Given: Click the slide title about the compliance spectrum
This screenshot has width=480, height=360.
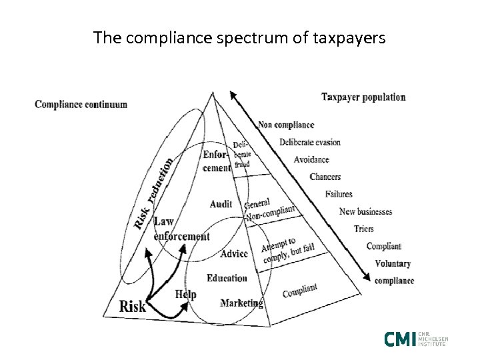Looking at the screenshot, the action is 239,37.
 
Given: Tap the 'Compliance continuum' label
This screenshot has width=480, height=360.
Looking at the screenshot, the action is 81,105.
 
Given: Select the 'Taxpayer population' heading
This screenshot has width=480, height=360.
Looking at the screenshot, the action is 363,97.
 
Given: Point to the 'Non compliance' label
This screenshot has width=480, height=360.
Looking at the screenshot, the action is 286,125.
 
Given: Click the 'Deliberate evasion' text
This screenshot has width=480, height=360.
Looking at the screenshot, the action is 310,142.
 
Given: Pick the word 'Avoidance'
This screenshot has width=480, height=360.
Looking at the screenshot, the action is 311,159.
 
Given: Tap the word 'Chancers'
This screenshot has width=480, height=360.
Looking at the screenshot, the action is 325,177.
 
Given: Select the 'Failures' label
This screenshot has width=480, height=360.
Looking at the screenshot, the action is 339,194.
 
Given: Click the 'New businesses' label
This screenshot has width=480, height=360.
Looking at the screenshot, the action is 366,212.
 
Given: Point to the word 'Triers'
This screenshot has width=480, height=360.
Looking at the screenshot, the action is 365,229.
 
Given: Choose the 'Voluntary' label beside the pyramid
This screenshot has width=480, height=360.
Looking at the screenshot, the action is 393,263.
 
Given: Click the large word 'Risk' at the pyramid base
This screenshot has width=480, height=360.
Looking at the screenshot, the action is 132,306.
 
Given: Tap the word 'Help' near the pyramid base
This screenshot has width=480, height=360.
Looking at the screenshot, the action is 185,294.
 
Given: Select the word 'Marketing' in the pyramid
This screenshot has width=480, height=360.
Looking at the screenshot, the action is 241,303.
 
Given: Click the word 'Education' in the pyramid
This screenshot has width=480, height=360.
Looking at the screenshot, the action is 227,278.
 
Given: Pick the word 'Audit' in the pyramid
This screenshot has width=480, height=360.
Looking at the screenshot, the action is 221,203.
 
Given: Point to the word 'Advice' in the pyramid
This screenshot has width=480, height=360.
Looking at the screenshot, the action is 233,254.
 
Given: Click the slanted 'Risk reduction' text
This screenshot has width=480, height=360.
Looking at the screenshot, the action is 154,193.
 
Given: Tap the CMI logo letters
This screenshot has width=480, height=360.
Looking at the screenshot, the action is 400,339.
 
